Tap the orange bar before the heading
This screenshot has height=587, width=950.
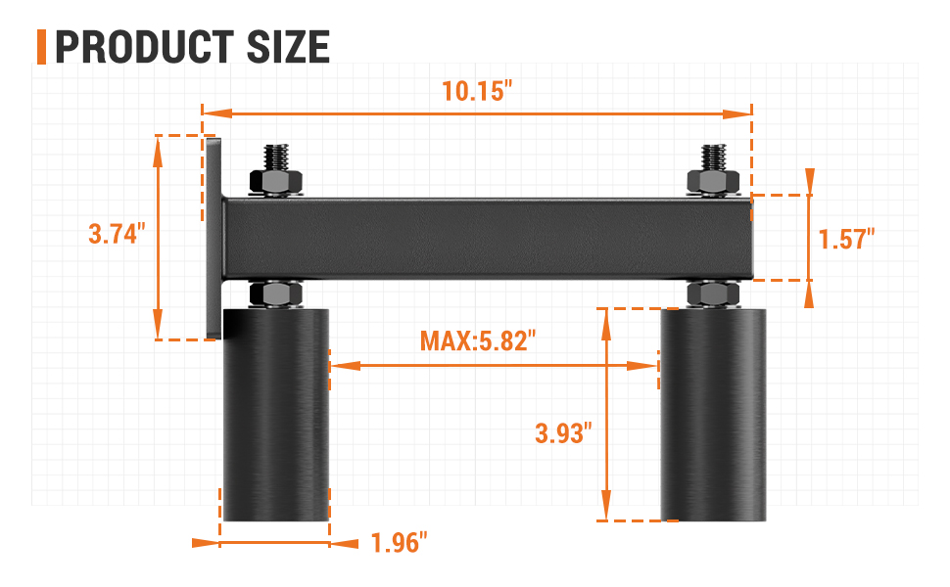point(41,47)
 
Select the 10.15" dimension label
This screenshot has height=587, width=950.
point(477,91)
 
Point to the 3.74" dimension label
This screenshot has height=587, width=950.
point(117,235)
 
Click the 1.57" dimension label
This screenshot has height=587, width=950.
point(846,238)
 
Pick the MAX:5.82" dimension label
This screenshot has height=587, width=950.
point(479,340)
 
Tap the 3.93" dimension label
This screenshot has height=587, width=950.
point(563,432)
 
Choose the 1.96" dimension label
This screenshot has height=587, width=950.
point(400,542)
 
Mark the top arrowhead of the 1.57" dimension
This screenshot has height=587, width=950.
point(810,177)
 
